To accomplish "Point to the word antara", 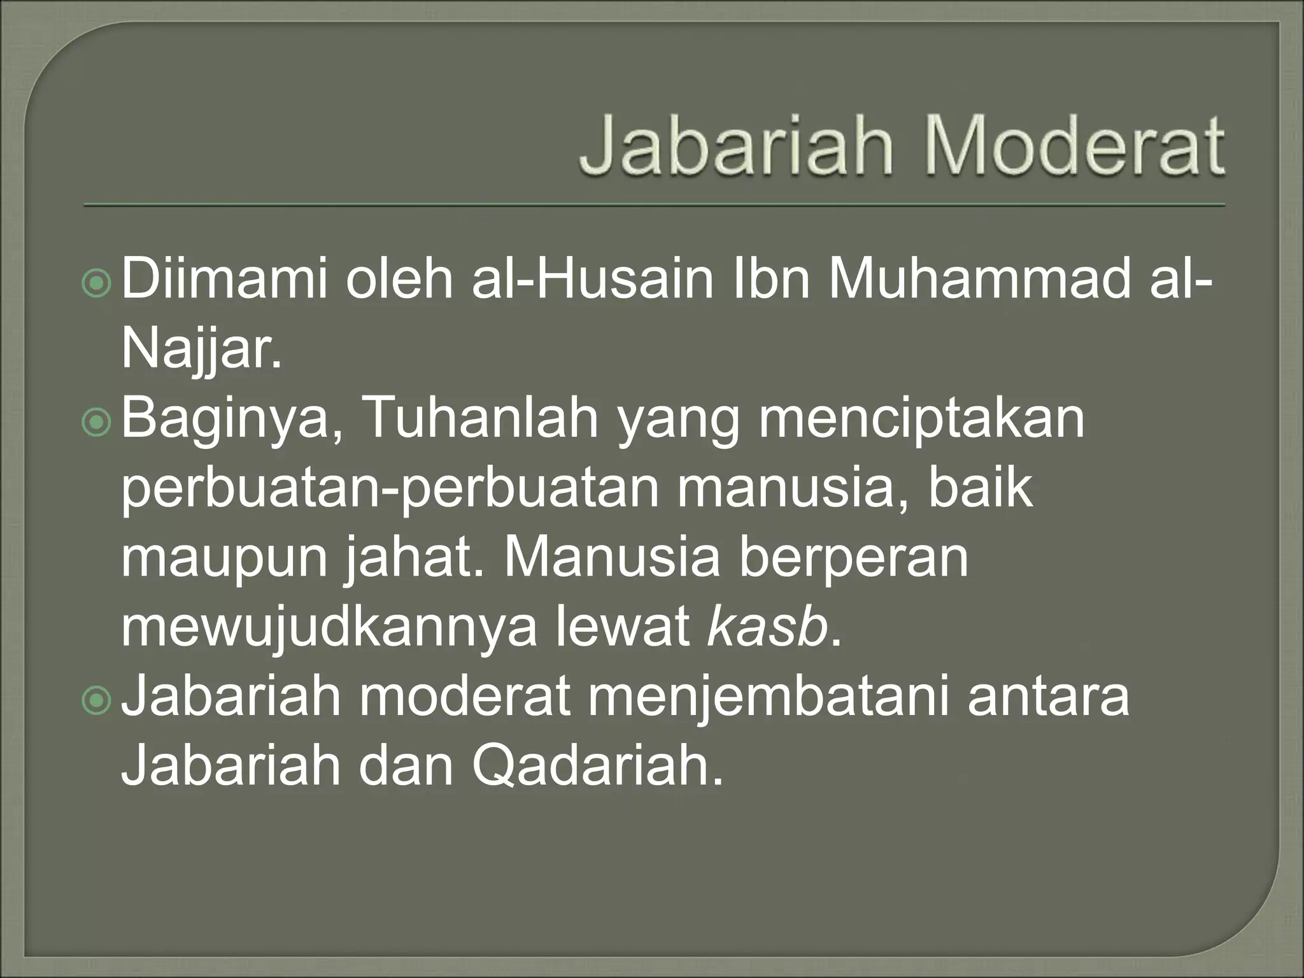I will [1048, 697].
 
